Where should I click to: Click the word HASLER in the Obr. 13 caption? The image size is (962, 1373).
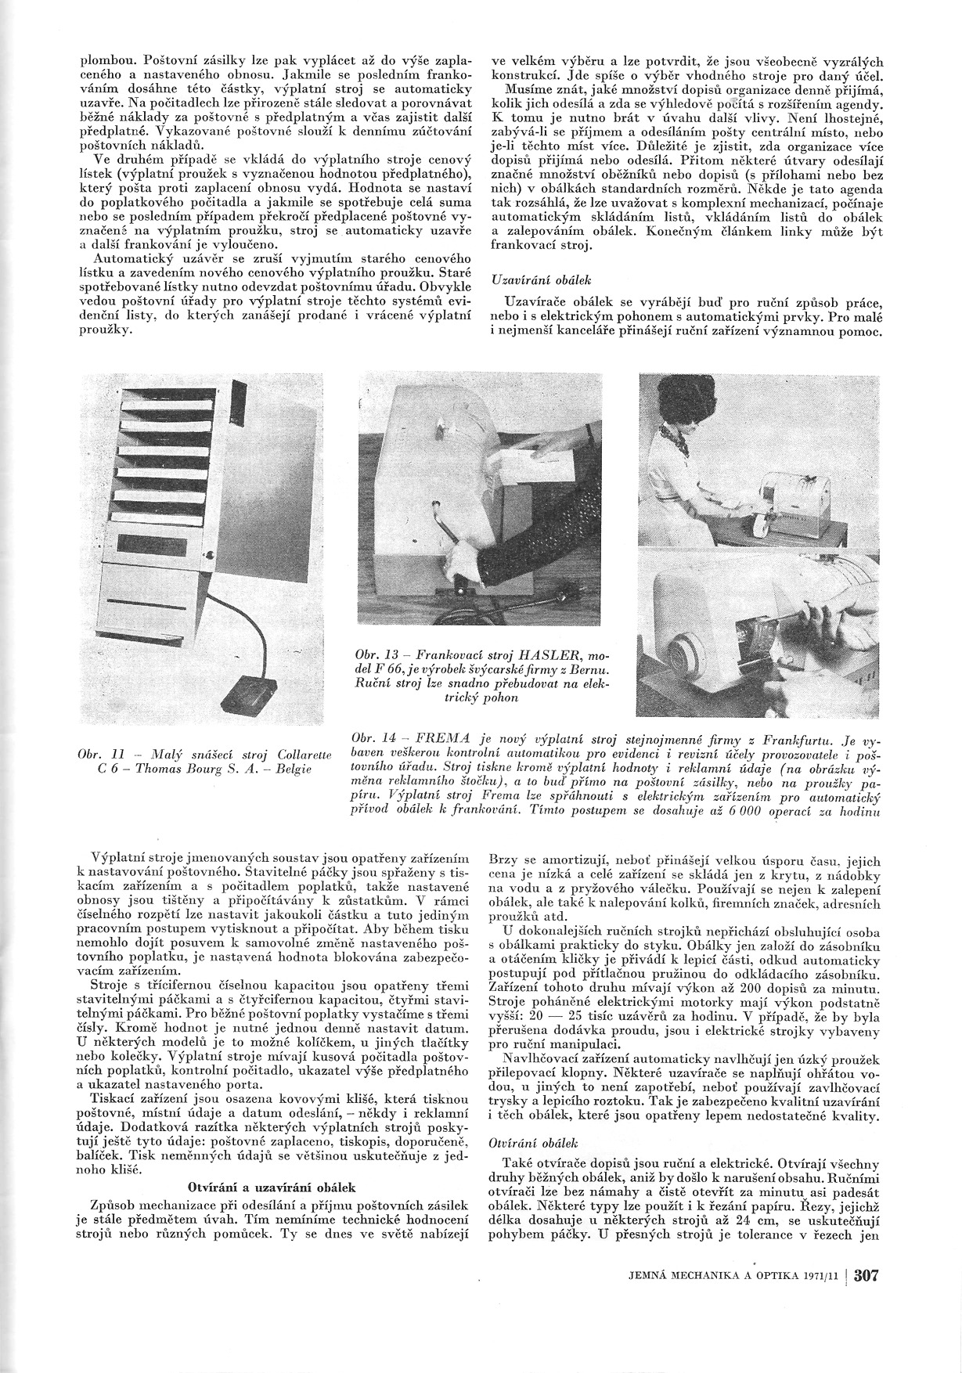tap(543, 654)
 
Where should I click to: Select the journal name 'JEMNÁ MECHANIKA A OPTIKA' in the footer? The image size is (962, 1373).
tap(708, 1277)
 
